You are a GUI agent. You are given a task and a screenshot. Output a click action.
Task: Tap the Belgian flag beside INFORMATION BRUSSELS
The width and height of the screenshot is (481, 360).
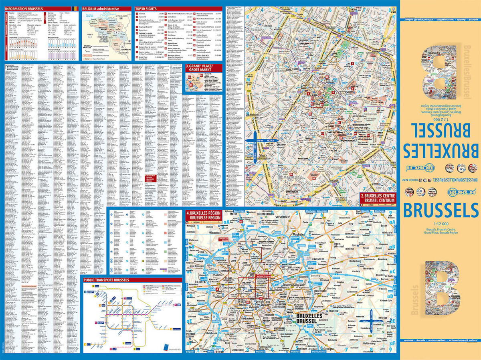pos(73,8)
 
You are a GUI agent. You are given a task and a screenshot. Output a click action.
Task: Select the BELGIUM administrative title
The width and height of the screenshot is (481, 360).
pos(100,8)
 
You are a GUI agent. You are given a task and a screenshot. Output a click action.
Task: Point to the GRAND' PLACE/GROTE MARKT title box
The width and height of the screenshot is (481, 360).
pos(204,69)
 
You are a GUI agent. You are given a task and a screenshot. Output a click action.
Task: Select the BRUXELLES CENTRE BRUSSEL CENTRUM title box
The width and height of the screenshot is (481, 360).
pos(378,198)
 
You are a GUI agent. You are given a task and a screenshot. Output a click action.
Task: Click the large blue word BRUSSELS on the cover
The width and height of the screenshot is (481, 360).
pos(440,211)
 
